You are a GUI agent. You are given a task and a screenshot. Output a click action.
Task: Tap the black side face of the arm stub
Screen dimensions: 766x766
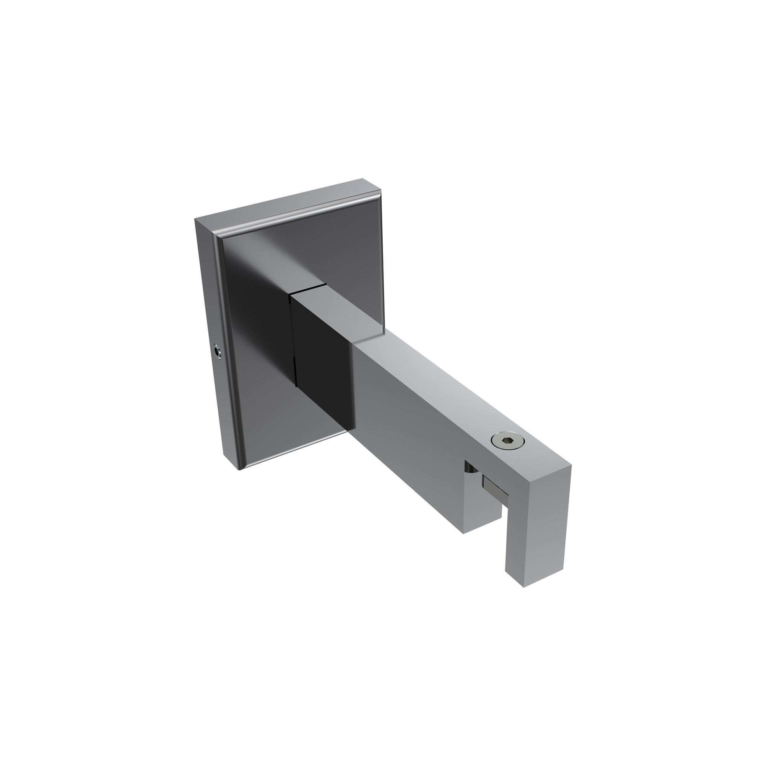pos(321,357)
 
